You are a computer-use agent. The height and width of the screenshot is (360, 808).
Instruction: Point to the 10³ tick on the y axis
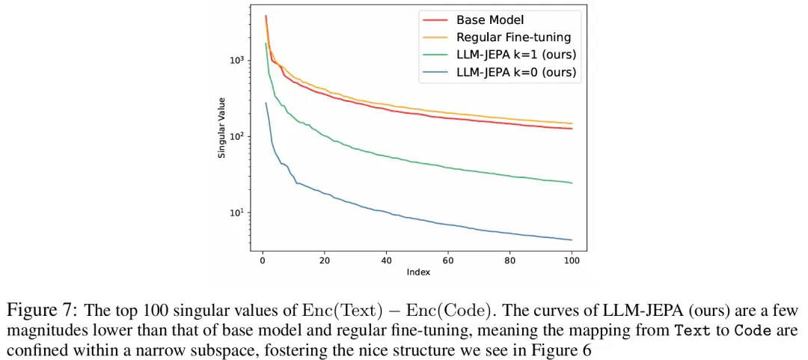(236, 61)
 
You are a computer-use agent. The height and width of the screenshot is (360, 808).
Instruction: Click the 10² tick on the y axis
(236, 137)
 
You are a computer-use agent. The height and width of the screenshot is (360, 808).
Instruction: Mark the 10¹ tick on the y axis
(236, 213)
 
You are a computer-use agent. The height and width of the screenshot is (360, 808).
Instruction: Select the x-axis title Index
(418, 272)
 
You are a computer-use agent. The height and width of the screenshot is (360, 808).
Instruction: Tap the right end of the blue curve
(572, 240)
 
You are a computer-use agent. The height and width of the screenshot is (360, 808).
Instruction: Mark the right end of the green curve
(572, 183)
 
